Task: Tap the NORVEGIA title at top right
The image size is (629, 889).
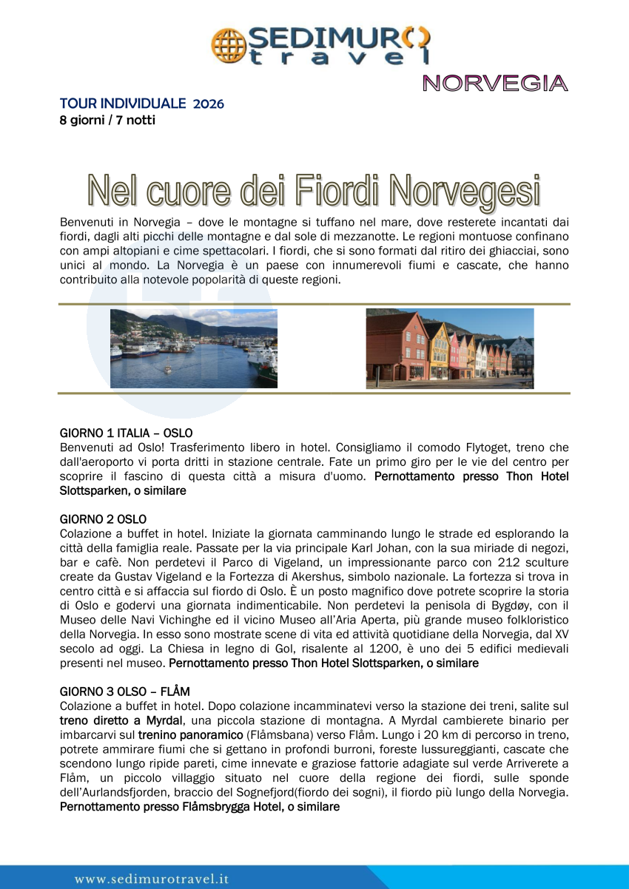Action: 495,84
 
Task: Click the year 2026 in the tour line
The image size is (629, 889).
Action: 208,104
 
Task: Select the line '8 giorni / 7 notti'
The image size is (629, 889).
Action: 107,119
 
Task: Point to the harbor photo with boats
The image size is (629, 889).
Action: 194,348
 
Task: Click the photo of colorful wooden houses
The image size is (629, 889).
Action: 449,348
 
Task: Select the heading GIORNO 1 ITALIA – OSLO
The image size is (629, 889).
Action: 126,433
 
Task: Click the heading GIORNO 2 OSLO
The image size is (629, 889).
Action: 103,519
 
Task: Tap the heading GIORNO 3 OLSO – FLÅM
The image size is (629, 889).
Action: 124,692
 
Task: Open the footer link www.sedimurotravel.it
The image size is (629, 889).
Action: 151,879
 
